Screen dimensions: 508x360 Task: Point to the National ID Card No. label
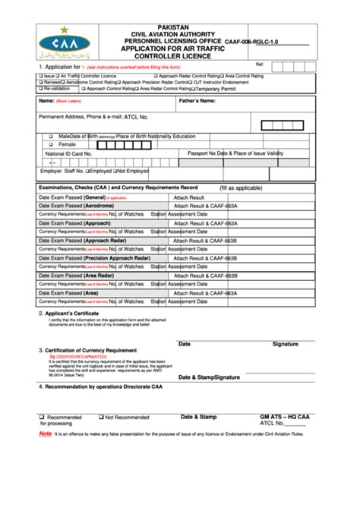click(68, 153)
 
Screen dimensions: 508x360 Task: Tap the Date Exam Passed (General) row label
click(72, 197)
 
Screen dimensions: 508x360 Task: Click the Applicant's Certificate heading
click(71, 313)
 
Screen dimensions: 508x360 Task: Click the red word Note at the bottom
click(46, 432)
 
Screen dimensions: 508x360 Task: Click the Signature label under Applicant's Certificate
click(285, 344)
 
